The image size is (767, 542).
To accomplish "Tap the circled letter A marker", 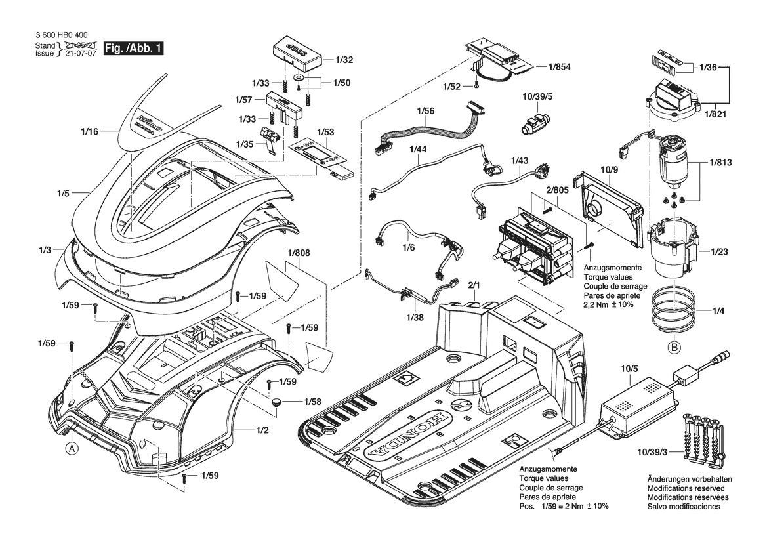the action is point(72,448).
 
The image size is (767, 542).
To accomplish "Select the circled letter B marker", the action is point(674,348).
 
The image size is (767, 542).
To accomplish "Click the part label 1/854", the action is point(560,66).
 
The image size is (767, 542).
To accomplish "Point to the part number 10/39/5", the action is point(537,97).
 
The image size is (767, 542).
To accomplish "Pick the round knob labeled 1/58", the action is point(278,402).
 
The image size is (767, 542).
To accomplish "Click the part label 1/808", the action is point(299,253).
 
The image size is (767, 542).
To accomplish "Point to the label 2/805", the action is point(558,190).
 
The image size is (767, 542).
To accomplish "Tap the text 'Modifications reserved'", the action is point(686,488).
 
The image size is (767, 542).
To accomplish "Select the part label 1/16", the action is point(89,131).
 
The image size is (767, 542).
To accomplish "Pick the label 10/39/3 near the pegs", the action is point(652,453).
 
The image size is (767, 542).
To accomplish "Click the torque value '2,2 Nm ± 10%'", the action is point(608,304).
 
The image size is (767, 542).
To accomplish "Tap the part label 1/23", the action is point(719,251).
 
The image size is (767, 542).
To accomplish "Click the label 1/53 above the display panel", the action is point(326,132).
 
